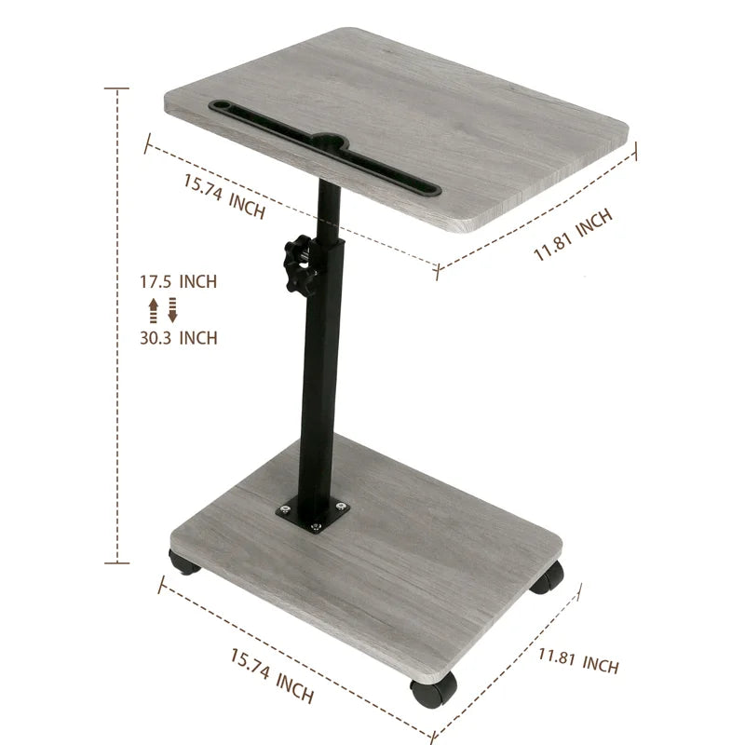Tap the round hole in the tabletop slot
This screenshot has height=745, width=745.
pyautogui.click(x=326, y=143)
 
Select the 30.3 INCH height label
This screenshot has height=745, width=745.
pyautogui.click(x=179, y=337)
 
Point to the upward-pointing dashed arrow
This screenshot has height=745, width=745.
pyautogui.click(x=154, y=310)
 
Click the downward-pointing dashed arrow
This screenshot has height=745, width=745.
pyautogui.click(x=172, y=310)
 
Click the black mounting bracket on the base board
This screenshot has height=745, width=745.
pyautogui.click(x=312, y=515)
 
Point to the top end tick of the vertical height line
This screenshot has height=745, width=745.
pyautogui.click(x=116, y=88)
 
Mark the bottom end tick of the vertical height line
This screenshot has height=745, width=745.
pyautogui.click(x=116, y=563)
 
